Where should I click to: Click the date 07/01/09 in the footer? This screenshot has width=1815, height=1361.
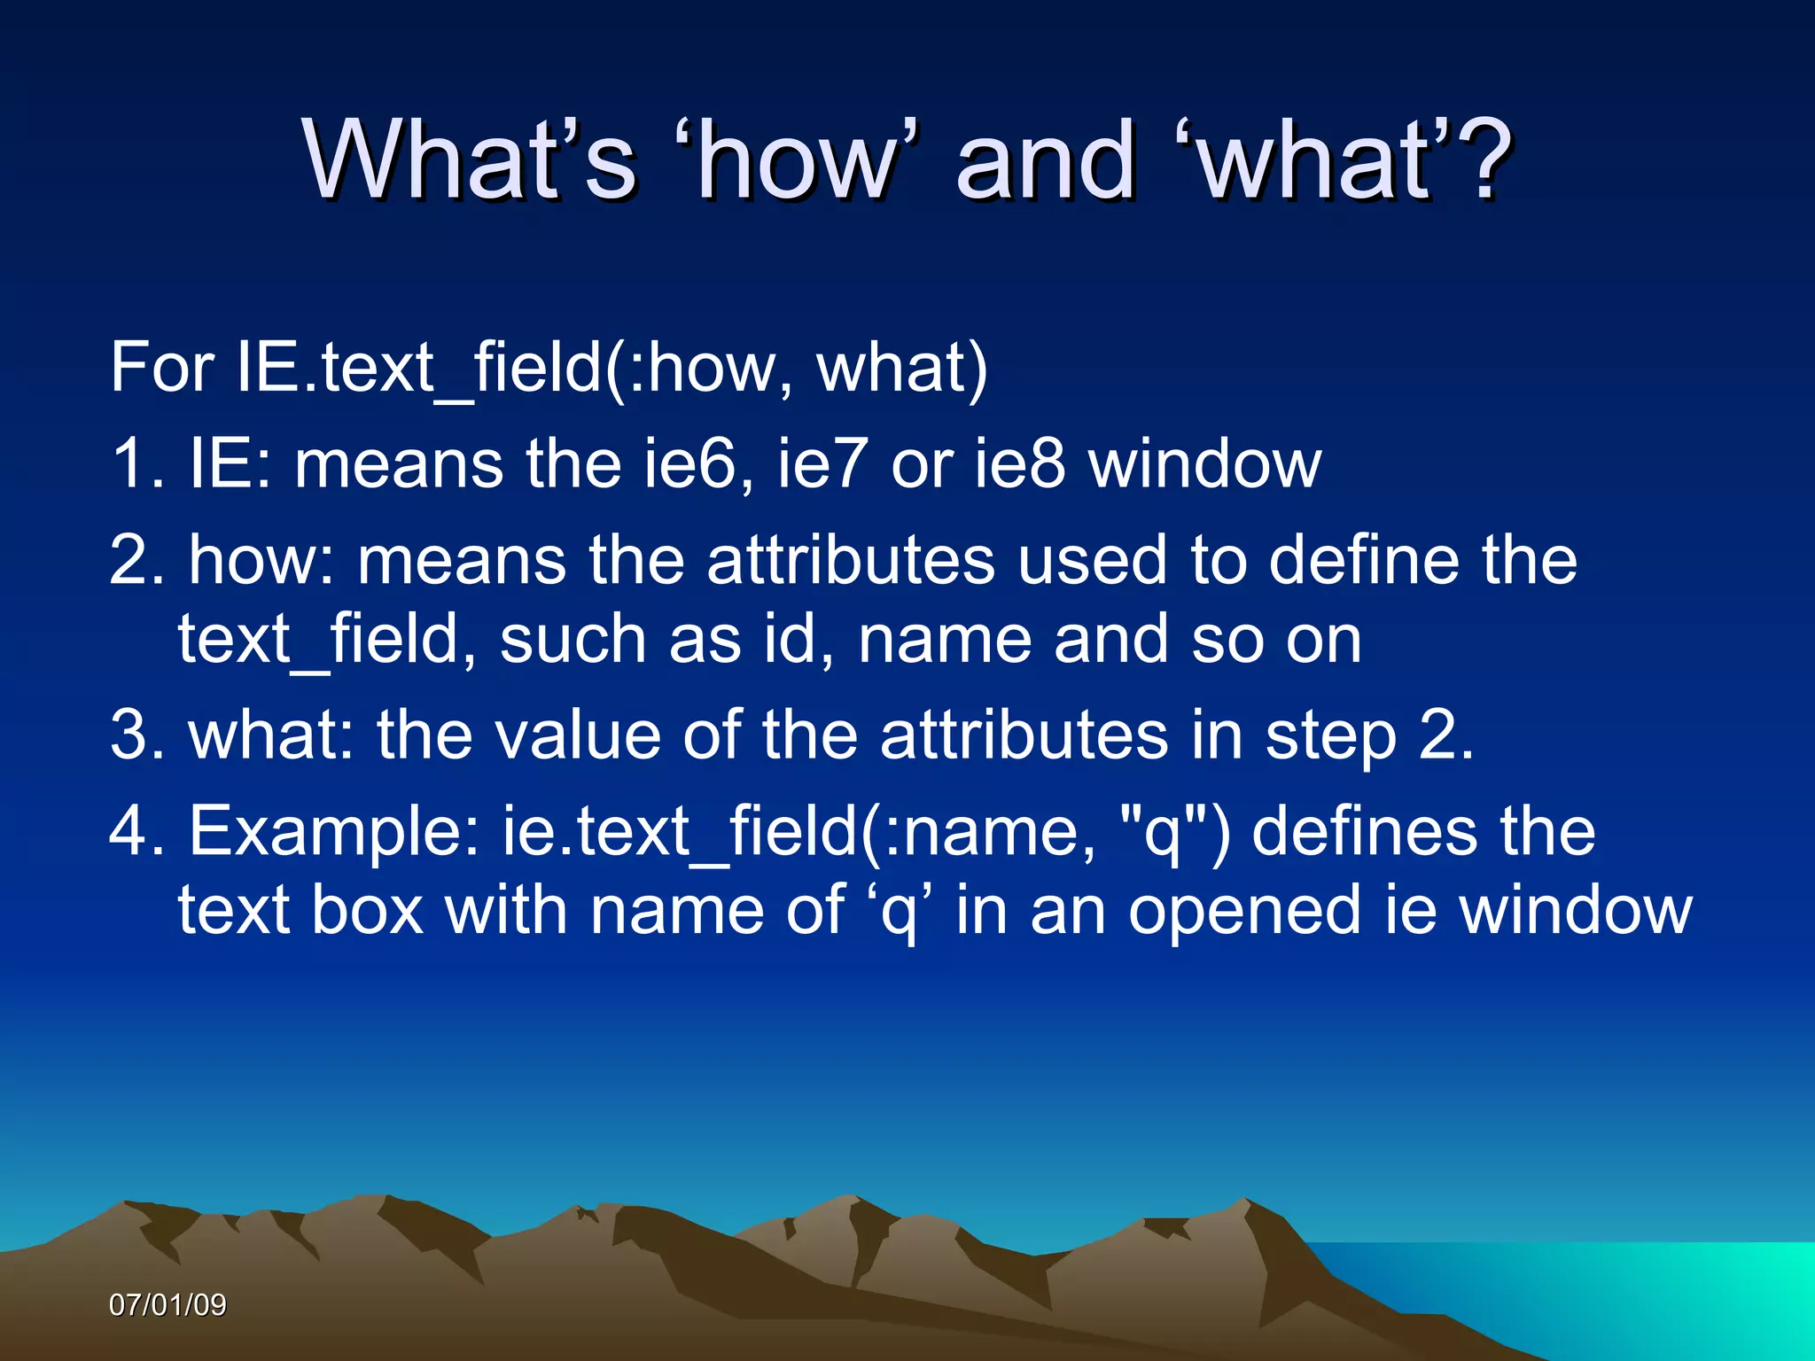click(167, 1305)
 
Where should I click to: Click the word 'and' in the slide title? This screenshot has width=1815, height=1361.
click(1046, 161)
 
